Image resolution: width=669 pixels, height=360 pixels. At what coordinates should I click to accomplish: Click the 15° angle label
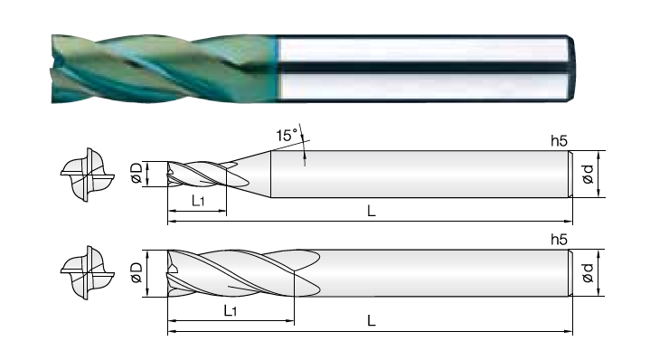click(x=287, y=136)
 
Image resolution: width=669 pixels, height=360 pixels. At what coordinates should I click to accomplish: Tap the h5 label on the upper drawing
click(x=559, y=140)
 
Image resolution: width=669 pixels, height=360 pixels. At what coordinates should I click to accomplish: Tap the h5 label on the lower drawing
click(x=559, y=240)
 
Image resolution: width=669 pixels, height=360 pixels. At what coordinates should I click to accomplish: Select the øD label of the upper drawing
click(x=137, y=173)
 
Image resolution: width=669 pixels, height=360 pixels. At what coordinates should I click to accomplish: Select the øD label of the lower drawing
click(x=137, y=272)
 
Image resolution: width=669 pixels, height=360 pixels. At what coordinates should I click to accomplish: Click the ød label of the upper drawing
click(x=588, y=175)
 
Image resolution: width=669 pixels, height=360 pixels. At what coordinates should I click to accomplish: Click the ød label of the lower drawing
click(x=588, y=273)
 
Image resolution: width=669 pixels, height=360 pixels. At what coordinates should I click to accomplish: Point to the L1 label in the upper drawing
click(x=198, y=200)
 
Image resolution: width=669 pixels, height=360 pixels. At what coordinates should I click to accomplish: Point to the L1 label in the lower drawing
click(x=231, y=310)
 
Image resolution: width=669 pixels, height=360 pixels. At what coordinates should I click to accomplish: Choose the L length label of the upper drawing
click(x=372, y=211)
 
